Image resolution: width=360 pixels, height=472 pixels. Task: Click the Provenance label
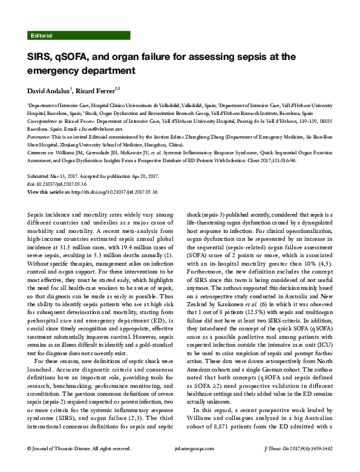pyautogui.click(x=40, y=137)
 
